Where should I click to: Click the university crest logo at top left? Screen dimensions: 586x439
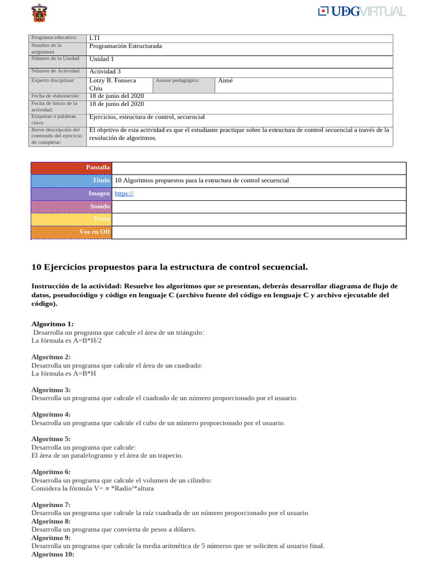click(x=39, y=13)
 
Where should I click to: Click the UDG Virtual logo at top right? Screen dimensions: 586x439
click(x=362, y=11)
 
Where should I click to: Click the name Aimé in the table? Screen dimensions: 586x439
click(x=225, y=81)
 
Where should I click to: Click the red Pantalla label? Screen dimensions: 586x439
click(x=71, y=167)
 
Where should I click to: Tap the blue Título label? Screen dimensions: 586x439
click(x=71, y=180)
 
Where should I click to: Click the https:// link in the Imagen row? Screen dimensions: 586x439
click(x=124, y=193)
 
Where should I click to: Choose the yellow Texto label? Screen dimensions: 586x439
click(x=71, y=219)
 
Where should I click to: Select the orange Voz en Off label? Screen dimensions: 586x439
click(x=71, y=232)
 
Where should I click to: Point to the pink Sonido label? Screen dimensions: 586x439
click(x=71, y=206)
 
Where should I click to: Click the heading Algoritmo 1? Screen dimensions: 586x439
click(x=53, y=324)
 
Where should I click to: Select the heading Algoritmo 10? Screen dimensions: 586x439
click(x=53, y=554)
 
